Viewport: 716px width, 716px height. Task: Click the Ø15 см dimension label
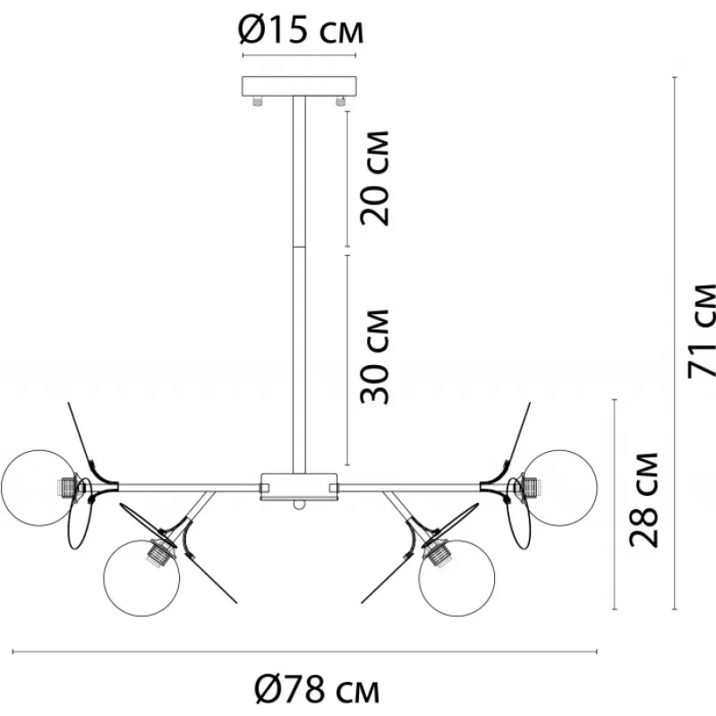click(301, 31)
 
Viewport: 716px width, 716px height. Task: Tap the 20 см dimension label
click(374, 178)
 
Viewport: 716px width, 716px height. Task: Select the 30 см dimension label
click(374, 356)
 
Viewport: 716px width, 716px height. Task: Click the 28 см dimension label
click(644, 500)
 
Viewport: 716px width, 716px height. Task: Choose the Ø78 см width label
click(317, 689)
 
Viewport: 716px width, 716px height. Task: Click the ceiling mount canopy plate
click(299, 86)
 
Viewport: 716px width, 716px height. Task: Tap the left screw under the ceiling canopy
click(258, 101)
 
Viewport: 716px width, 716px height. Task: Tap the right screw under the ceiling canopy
click(340, 101)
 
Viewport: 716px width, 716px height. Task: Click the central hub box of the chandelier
click(299, 487)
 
